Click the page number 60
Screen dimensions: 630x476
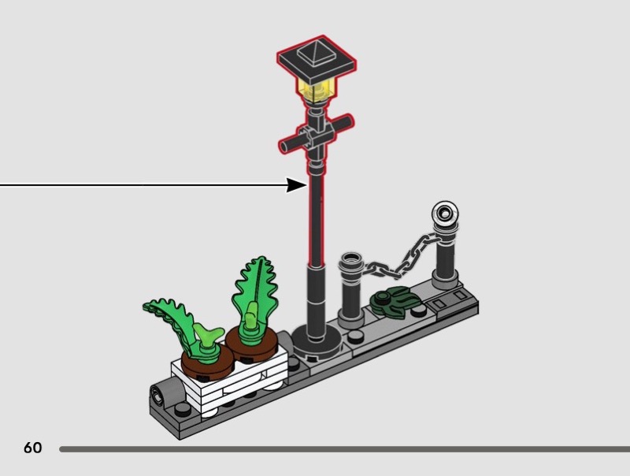coord(32,448)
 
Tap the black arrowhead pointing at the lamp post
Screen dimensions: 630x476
coord(297,185)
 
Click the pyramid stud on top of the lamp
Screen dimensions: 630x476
coord(317,51)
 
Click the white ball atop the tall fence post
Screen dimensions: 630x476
coord(445,211)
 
